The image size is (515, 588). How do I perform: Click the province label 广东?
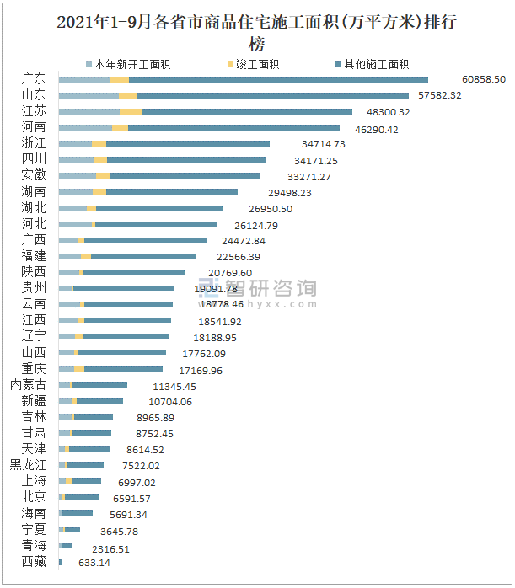pos(35,79)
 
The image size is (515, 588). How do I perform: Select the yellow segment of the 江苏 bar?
pos(131,111)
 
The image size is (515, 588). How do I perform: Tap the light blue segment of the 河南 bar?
pos(85,127)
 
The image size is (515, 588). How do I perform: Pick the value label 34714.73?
pos(323,144)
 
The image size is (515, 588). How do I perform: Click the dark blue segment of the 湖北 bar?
pos(159,208)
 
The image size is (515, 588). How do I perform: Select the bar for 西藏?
pos(61,562)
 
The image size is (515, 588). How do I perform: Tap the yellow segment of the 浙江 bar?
pos(99,144)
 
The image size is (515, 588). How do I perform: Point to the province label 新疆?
pos(35,401)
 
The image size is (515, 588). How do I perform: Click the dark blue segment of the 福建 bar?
pos(143,256)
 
